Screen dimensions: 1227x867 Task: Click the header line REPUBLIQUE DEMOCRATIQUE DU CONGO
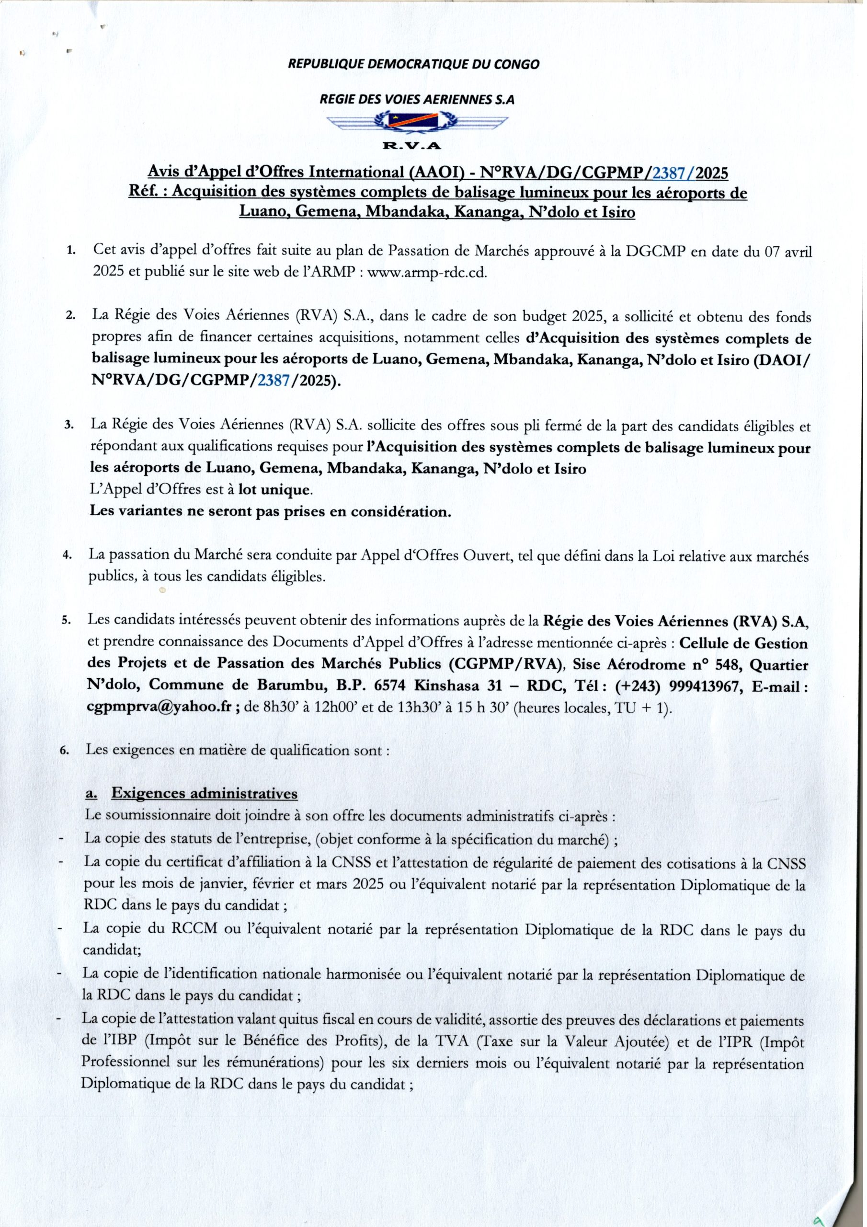413,65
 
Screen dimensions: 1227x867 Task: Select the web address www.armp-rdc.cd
428,273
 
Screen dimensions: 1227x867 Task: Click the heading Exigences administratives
204,794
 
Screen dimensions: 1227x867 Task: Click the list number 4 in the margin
67,555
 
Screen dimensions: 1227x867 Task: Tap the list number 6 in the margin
65,750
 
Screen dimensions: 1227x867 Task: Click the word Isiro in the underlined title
618,213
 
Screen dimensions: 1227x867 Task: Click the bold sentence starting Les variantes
270,511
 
